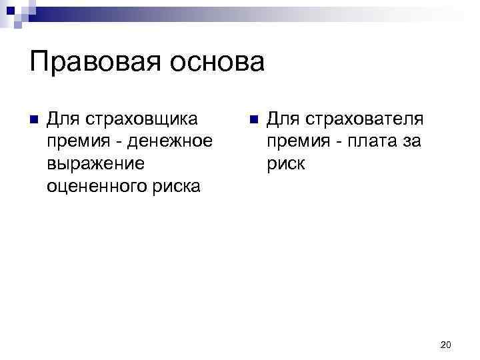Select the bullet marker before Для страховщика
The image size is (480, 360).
(x=33, y=121)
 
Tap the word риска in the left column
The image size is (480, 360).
(x=176, y=187)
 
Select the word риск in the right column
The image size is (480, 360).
(x=286, y=164)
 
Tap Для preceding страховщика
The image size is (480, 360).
(x=62, y=119)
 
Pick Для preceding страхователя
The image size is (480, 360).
(x=281, y=119)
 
